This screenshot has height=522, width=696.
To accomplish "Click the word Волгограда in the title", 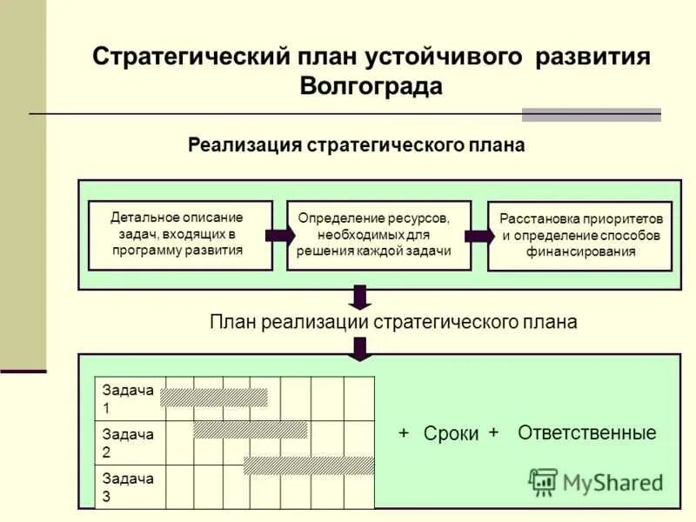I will [x=371, y=86].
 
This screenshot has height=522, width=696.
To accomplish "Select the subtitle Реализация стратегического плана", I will [x=357, y=144].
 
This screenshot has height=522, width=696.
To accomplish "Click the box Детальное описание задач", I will [x=180, y=234].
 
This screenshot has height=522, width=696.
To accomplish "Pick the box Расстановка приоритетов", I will [x=579, y=236].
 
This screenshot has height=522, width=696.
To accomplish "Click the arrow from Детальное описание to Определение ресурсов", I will [x=279, y=235].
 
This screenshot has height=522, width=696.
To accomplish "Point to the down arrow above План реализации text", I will [x=360, y=297].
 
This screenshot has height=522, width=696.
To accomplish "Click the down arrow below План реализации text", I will [x=360, y=346].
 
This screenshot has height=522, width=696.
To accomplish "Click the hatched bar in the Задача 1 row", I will [x=214, y=397].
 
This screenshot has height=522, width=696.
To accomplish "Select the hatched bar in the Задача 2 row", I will [x=251, y=430].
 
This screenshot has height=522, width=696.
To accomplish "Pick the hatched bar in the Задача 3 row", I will [x=309, y=465].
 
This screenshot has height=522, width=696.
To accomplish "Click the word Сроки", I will [x=451, y=434].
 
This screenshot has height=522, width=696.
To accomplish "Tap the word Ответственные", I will [x=586, y=432].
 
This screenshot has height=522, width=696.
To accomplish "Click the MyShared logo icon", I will [x=543, y=481].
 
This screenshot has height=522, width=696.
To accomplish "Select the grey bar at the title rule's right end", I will [x=591, y=115].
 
